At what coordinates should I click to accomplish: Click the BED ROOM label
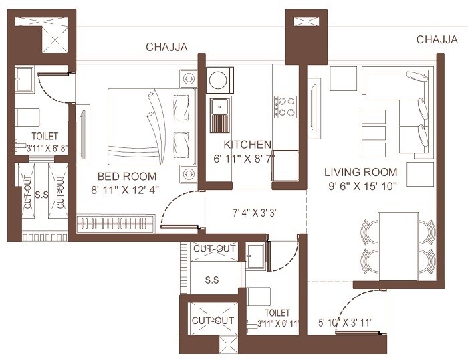tap(127, 177)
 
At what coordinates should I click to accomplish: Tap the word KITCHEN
tap(247, 145)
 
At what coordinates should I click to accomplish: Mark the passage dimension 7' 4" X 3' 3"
tap(255, 214)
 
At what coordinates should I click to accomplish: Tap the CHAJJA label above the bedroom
tap(167, 47)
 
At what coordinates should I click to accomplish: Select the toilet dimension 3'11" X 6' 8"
tap(41, 149)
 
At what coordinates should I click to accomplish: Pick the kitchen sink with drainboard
tap(219, 115)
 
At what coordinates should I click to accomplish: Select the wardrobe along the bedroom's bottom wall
tap(116, 223)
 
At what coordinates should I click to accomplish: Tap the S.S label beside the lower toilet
tap(213, 279)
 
